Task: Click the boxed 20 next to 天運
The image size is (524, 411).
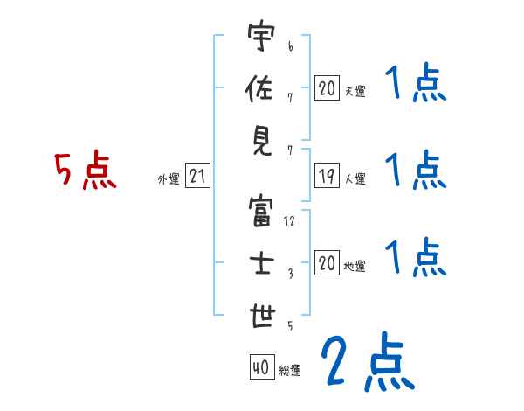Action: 327,88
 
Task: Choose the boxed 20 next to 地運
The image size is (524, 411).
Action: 327,264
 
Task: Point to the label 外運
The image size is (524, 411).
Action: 168,179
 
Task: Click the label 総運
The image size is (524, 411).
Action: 290,371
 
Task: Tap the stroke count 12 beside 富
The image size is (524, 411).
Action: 290,221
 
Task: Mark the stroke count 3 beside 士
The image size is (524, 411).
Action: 290,274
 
